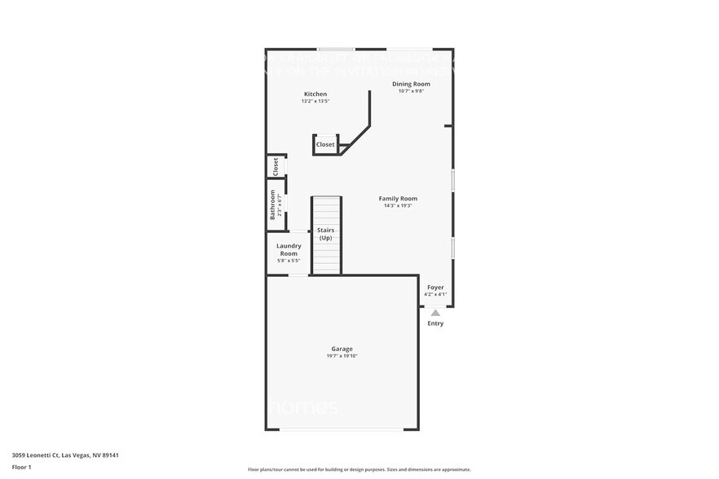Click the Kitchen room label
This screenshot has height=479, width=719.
(315, 94)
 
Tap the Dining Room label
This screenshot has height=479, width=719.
(411, 84)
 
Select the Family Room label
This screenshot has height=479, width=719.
(398, 199)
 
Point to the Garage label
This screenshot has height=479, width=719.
(342, 349)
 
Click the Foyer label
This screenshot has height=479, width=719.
(435, 288)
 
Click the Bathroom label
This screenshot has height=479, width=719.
(273, 204)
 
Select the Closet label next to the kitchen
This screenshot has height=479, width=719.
(325, 144)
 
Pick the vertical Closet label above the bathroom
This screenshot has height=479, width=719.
(276, 166)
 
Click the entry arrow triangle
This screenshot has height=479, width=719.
(435, 312)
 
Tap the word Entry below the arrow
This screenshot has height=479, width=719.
(435, 323)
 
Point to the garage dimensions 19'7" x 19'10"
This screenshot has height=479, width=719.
(342, 356)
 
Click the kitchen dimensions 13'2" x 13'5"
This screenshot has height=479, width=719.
(315, 102)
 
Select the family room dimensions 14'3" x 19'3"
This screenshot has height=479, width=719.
(398, 206)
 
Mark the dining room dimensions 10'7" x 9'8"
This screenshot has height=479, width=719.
(411, 91)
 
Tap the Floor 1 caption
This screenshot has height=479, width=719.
(21, 467)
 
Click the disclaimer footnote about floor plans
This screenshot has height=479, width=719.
(359, 469)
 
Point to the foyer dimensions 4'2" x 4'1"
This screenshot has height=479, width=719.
(435, 295)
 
